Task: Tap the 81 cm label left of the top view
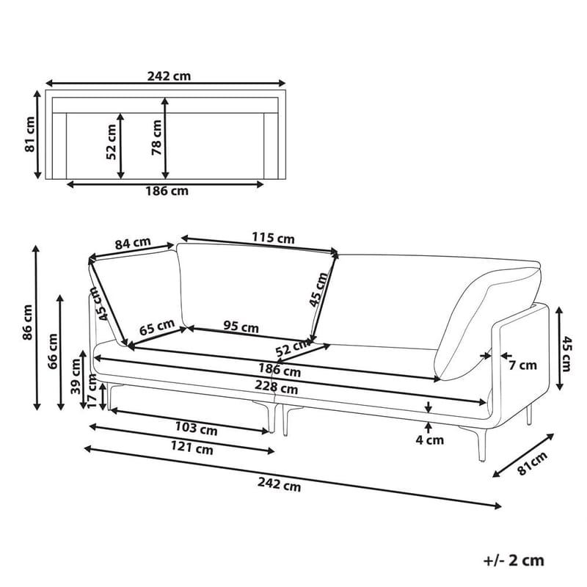coord(30,134)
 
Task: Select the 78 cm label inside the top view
coord(156,136)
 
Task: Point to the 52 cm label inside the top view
coord(112,142)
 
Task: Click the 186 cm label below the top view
coord(164,192)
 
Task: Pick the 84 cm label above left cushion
coord(133,243)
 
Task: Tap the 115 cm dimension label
coord(273,238)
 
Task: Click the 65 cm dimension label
coord(156,324)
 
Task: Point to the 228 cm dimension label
coord(278,389)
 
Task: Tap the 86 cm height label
coord(27,324)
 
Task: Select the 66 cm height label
coord(52,350)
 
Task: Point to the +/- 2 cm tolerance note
coord(514,561)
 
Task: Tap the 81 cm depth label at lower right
coord(533,464)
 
